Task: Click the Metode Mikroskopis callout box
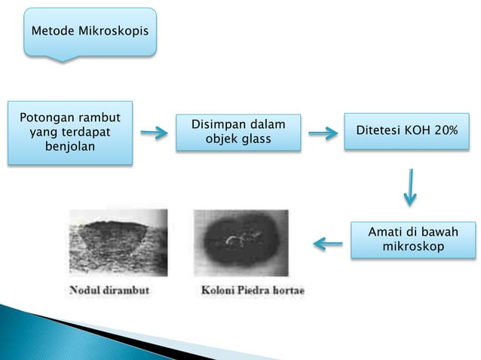90,32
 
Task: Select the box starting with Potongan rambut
70,132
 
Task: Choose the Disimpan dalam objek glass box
238,132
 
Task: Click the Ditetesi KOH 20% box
407,131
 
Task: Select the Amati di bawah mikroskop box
412,239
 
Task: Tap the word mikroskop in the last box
412,247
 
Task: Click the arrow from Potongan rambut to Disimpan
154,133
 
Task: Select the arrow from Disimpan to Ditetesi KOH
322,133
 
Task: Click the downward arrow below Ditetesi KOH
409,187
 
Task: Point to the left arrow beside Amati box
328,243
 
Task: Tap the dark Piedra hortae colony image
240,242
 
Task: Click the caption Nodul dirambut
111,290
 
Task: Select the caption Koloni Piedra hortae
253,290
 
